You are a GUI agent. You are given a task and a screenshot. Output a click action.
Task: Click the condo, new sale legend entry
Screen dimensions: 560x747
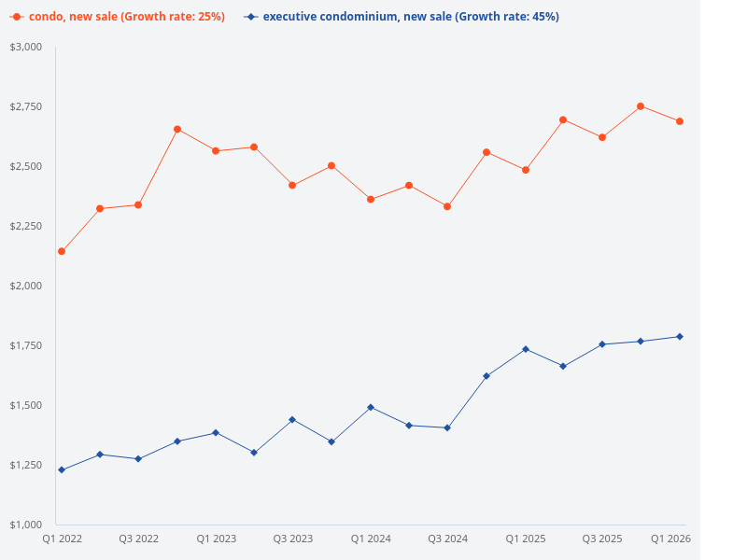coord(117,17)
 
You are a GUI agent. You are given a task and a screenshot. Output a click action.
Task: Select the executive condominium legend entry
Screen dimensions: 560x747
coord(402,17)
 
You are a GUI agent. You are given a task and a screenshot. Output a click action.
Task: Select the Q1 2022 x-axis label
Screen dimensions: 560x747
coord(62,539)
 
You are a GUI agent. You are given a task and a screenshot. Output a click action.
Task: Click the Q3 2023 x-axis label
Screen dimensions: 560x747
coord(293,539)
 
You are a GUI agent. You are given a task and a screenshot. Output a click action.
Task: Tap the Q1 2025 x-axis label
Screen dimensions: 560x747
coord(526,539)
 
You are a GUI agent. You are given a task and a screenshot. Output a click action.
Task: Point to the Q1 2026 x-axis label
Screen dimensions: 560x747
coord(670,539)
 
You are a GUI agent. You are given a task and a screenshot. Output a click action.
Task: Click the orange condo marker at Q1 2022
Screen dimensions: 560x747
coord(62,251)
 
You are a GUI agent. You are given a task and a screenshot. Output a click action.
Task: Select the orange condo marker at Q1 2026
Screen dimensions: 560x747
coord(680,121)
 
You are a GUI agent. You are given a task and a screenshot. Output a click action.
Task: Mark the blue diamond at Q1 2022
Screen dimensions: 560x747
coord(62,469)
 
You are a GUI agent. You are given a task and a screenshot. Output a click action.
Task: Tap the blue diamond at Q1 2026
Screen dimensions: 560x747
coord(680,336)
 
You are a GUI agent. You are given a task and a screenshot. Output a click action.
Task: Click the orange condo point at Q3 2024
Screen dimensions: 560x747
coord(447,206)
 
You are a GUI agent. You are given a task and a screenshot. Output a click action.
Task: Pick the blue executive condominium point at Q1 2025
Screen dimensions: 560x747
coord(526,349)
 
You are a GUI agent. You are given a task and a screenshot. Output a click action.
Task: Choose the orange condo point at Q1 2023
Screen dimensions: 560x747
coord(216,150)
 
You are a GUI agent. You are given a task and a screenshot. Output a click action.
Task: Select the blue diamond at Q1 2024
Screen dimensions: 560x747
coord(371,407)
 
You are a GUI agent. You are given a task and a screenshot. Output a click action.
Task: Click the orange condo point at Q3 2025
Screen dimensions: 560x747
coord(602,137)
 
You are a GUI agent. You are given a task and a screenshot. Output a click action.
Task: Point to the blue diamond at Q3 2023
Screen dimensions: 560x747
coord(292,419)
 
